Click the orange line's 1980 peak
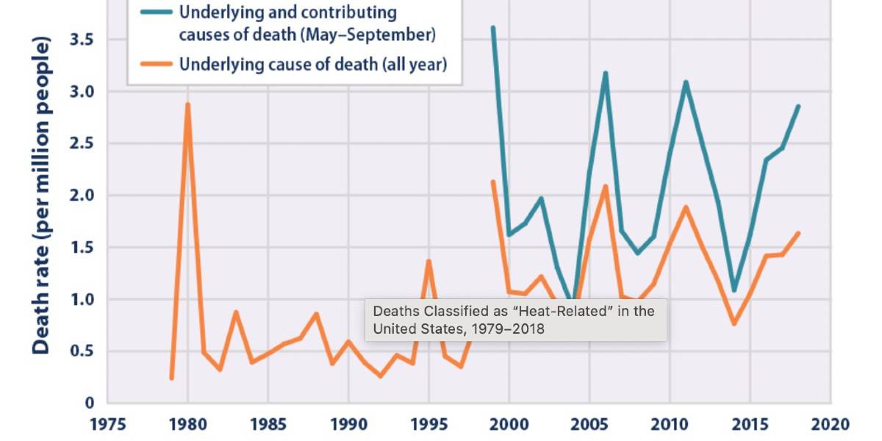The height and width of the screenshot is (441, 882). pyautogui.click(x=187, y=104)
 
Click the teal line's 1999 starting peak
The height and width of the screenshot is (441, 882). pyautogui.click(x=492, y=27)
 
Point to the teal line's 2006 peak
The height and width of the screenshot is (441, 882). pyautogui.click(x=605, y=73)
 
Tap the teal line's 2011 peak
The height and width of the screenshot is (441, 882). pyautogui.click(x=686, y=82)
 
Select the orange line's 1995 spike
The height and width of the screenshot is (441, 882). pyautogui.click(x=429, y=261)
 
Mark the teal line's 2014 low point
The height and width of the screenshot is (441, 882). pyautogui.click(x=734, y=290)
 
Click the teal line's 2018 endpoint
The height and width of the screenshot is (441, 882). pyautogui.click(x=798, y=107)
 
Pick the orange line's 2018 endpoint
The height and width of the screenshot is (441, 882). pyautogui.click(x=798, y=233)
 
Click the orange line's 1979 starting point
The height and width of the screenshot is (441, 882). pyautogui.click(x=171, y=378)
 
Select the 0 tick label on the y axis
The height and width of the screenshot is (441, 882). pyautogui.click(x=90, y=403)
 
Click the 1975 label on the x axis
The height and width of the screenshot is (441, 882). pyautogui.click(x=107, y=424)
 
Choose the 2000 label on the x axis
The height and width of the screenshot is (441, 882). pyautogui.click(x=509, y=424)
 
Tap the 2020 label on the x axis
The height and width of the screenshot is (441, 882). pyautogui.click(x=831, y=424)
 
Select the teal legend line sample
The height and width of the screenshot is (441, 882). pyautogui.click(x=153, y=12)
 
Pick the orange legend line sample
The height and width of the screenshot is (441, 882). pyautogui.click(x=153, y=64)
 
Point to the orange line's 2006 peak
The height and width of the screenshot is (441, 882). pyautogui.click(x=605, y=186)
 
